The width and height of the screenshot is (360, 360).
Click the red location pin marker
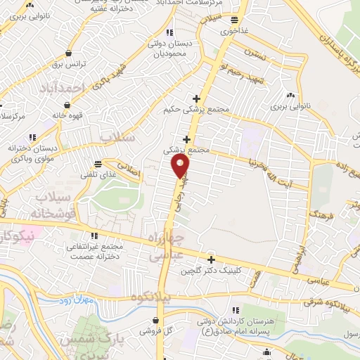coord(181,166)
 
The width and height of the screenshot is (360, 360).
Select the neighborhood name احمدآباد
coord(63,87)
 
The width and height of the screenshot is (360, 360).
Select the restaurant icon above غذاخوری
coord(234,20)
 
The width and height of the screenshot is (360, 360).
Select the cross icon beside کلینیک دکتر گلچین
coord(210,259)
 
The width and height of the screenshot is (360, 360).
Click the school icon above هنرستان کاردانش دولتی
coord(236,310)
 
